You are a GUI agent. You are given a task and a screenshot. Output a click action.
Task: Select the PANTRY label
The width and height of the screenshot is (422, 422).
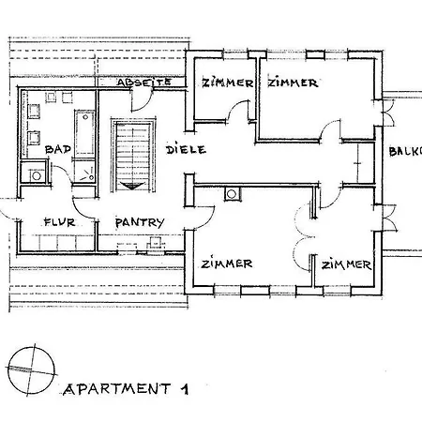[x=140, y=222]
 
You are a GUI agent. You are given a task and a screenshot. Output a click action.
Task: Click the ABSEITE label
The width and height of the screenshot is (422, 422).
[x=143, y=83]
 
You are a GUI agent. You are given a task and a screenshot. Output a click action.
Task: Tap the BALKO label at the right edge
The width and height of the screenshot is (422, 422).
[x=405, y=150]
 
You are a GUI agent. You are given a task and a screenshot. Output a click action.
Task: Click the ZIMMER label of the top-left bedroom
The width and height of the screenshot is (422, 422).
[x=228, y=83]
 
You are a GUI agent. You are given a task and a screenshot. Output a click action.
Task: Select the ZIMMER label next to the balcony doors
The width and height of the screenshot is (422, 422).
[x=293, y=83]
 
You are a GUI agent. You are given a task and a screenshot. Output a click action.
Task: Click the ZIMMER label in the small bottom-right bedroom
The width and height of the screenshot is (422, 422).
[x=346, y=264]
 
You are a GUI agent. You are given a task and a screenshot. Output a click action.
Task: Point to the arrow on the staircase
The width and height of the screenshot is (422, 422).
[x=130, y=182]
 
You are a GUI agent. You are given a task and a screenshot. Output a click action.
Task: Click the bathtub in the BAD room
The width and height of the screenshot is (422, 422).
[x=83, y=131]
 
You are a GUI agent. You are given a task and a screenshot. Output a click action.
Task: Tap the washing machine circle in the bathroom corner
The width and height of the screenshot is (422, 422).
[x=37, y=173]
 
